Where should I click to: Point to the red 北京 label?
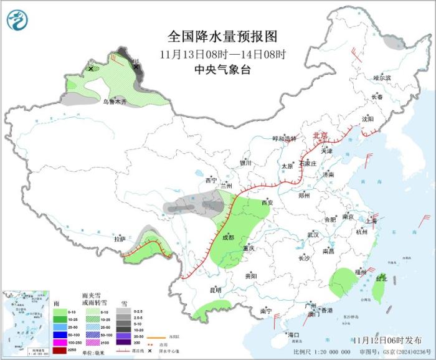coord(320,135)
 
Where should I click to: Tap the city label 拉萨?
coord(120,239)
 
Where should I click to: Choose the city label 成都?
coord(227,237)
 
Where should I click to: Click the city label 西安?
coord(267,203)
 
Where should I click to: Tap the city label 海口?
coord(293,334)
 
